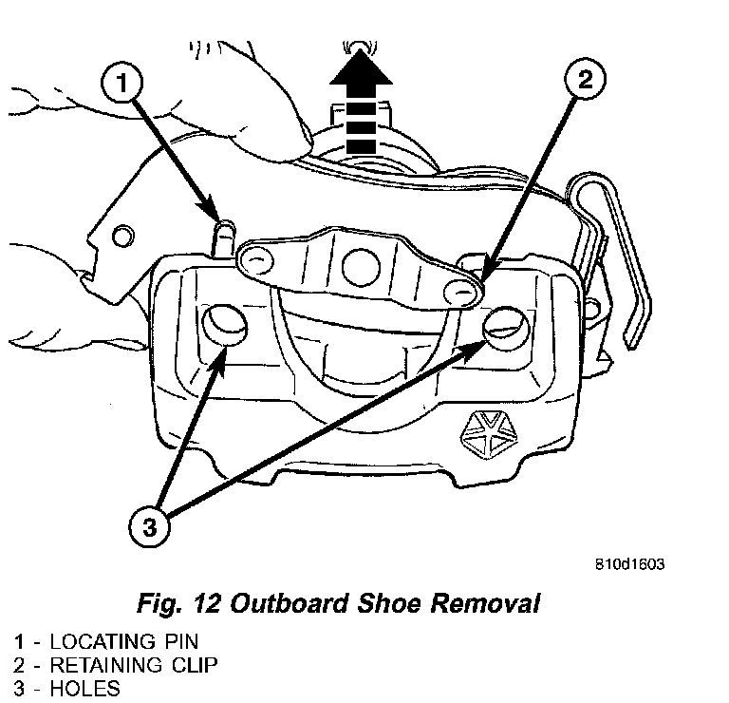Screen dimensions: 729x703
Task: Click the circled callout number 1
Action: click(x=121, y=83)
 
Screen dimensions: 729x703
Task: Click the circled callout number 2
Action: click(x=585, y=79)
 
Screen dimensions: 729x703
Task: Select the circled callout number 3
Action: click(x=149, y=527)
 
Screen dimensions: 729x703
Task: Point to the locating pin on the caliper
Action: click(x=224, y=238)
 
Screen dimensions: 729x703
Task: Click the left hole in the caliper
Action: click(x=225, y=324)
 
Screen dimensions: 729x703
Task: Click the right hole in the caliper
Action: click(x=506, y=328)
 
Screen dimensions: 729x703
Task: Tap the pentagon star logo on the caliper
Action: click(x=489, y=435)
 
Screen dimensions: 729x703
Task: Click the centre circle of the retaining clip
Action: click(x=361, y=268)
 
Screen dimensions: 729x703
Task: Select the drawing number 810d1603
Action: click(x=630, y=564)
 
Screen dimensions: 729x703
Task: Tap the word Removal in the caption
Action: click(x=485, y=604)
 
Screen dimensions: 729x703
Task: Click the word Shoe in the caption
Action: click(x=389, y=604)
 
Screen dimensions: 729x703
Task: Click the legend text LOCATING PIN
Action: click(x=124, y=641)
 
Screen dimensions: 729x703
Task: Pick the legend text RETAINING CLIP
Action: click(x=134, y=665)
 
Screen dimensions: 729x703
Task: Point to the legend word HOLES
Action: click(x=85, y=689)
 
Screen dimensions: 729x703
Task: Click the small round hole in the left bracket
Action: click(x=122, y=236)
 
